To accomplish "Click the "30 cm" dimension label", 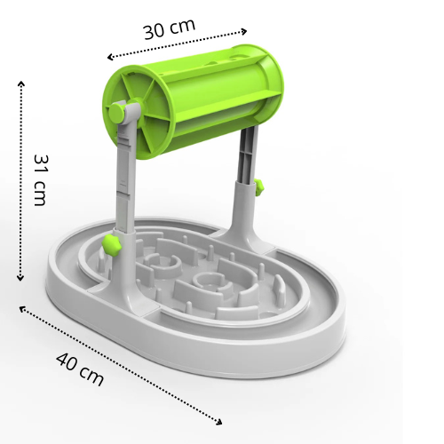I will pos(169,28).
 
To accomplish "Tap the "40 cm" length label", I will pos(79,367).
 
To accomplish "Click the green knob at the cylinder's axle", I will pos(117,113).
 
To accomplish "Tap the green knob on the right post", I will pos(258,186).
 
